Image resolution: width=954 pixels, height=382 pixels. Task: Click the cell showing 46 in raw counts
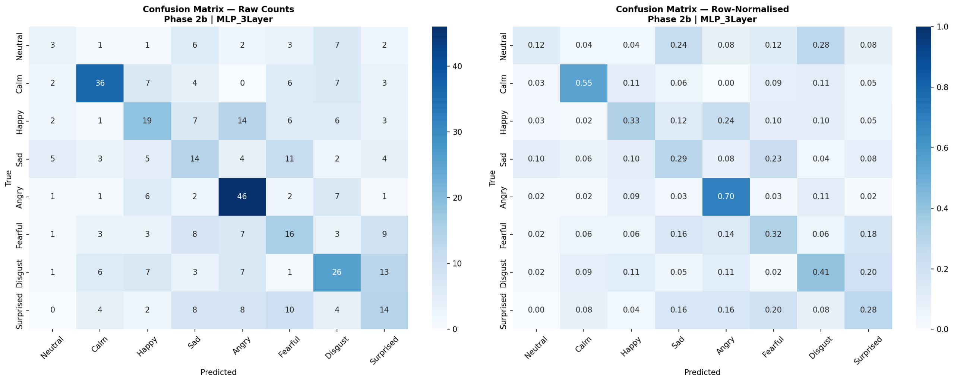point(242,196)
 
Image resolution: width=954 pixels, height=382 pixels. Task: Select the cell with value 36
point(100,83)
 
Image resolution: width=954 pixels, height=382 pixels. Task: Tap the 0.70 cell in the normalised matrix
point(726,196)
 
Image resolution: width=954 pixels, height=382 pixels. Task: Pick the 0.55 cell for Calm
point(583,83)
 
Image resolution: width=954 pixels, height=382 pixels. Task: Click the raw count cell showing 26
point(337,272)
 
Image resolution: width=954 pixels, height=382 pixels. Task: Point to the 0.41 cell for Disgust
point(821,272)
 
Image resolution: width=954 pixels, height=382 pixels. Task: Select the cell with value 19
point(147,121)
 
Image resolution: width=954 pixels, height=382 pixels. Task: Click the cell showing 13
point(384,272)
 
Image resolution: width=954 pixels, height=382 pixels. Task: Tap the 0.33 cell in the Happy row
point(631,121)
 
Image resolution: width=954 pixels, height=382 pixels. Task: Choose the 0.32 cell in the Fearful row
point(773,234)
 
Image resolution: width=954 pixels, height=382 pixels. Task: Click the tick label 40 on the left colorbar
point(457,66)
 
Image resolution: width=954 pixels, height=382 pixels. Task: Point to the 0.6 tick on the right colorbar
point(942,148)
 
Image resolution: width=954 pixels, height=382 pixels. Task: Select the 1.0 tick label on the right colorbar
point(942,27)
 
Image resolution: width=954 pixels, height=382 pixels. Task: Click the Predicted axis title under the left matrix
point(218,372)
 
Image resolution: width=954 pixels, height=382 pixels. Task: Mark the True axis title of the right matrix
point(492,178)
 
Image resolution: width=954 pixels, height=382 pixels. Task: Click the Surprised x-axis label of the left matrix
point(384,350)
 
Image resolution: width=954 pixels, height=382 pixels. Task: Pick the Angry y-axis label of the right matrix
point(503,197)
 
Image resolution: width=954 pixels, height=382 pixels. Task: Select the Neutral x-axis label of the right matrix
point(536,347)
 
